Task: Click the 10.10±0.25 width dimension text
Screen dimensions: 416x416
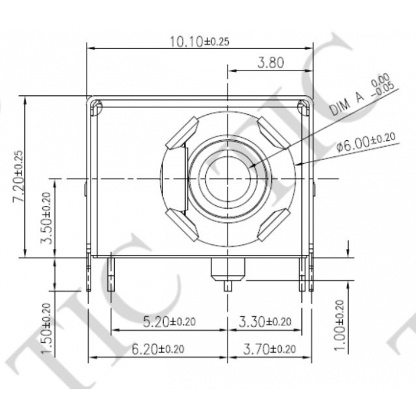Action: pos(199,42)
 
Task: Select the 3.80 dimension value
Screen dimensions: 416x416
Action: pos(270,64)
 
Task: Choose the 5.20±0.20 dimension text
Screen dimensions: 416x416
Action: pos(169,321)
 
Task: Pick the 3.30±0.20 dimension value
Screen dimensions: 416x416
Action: pos(265,321)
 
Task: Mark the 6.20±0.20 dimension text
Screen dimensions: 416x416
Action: pos(158,348)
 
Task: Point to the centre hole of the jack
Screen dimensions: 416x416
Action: pos(228,178)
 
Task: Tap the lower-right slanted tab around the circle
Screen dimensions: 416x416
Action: pos(273,225)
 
